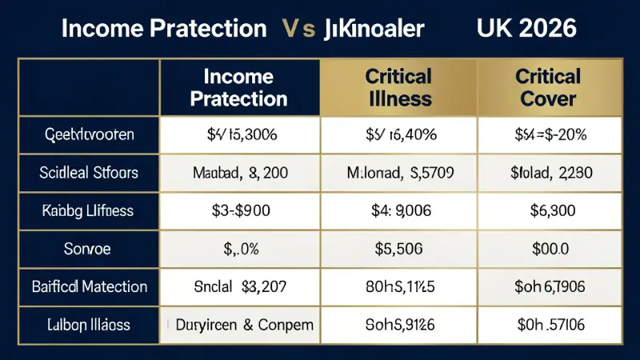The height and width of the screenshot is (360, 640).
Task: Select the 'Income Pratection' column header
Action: (240, 88)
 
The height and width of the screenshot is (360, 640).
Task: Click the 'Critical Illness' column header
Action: (398, 88)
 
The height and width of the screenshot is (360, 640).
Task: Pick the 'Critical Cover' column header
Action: (549, 88)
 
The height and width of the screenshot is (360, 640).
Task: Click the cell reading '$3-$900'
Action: (240, 211)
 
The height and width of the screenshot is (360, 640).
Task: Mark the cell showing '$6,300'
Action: (549, 211)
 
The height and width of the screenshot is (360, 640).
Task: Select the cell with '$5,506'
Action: (398, 249)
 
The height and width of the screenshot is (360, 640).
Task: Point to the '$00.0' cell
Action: (549, 249)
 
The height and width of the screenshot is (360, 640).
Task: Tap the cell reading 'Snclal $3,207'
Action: (240, 286)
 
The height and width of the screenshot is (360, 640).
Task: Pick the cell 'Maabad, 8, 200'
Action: (240, 172)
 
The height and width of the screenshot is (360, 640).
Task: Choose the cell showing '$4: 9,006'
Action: (398, 211)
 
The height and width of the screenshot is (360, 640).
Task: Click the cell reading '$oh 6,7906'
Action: (549, 286)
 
